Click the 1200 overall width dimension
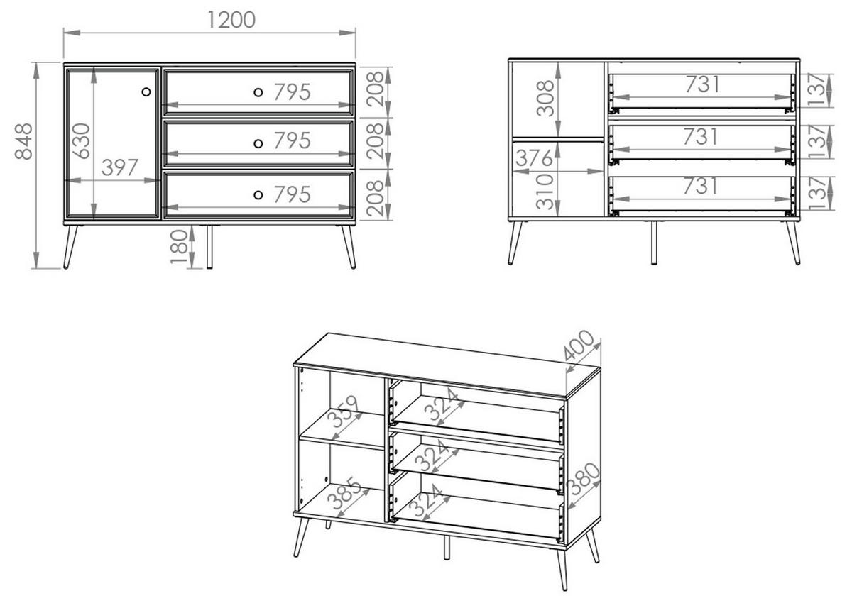tap(231, 19)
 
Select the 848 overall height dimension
tap(24, 142)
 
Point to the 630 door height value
tap(82, 141)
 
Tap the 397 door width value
tap(120, 168)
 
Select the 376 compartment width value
tap(535, 158)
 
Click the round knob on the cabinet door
tap(146, 92)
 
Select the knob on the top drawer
tap(258, 92)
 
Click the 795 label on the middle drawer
tap(292, 141)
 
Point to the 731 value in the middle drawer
tap(700, 136)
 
